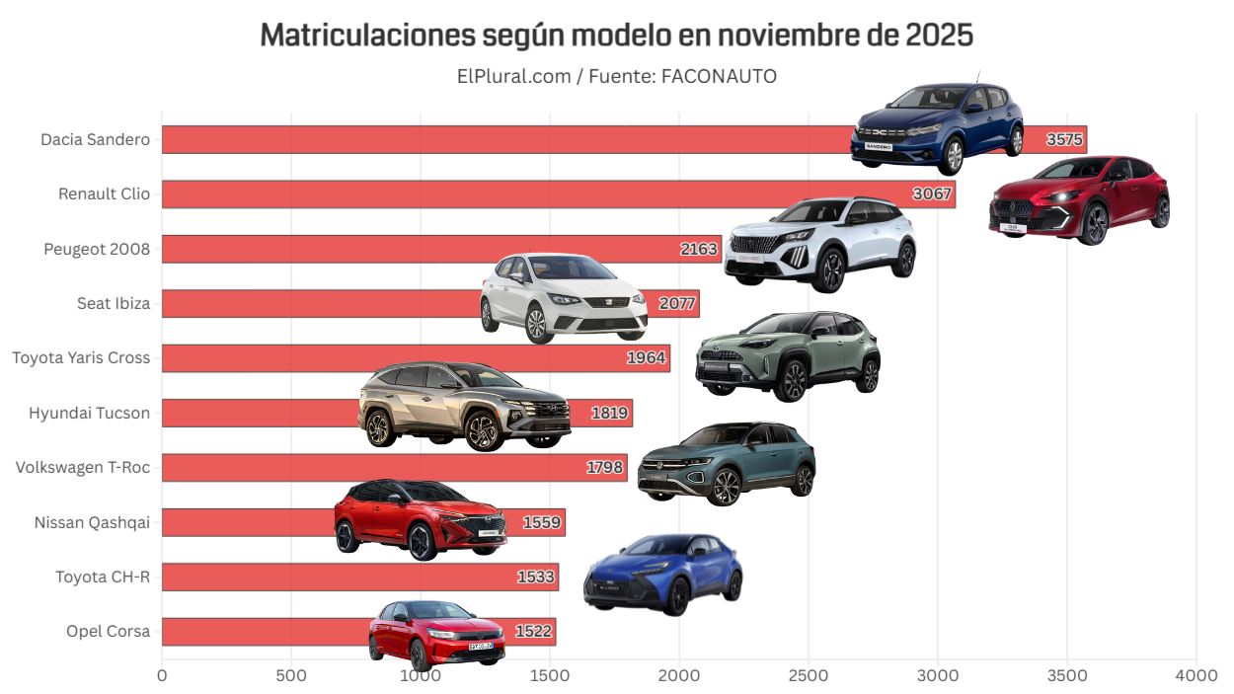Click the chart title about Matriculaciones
616,36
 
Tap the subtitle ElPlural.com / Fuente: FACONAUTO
616,76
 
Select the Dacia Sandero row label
95,139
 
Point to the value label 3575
1065,140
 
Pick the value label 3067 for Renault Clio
932,193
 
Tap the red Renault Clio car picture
1079,199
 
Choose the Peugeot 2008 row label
97,249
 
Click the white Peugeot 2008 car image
820,243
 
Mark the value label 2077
677,304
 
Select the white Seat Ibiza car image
564,296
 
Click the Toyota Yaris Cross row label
81,357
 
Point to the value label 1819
610,413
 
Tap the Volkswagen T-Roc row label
83,467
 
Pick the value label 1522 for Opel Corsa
534,632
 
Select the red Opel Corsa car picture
437,633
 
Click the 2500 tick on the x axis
808,676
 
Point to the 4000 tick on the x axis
1196,676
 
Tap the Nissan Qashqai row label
92,522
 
